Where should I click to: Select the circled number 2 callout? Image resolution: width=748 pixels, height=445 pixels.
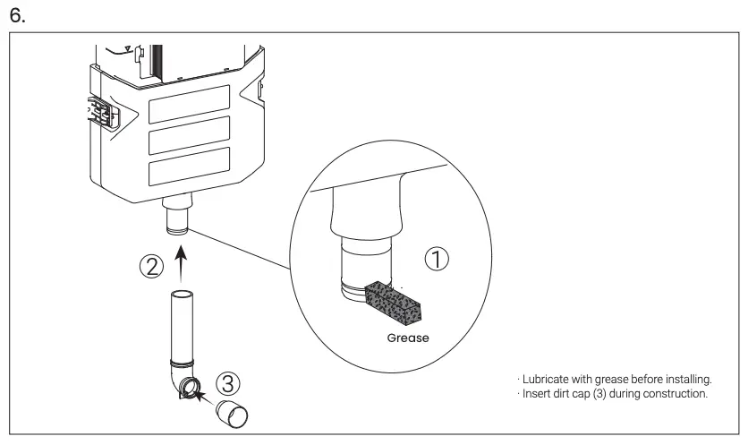coord(151,267)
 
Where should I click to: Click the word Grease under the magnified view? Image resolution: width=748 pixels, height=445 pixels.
coord(407,339)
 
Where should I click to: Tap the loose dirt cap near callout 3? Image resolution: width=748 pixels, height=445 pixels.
coord(234,415)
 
